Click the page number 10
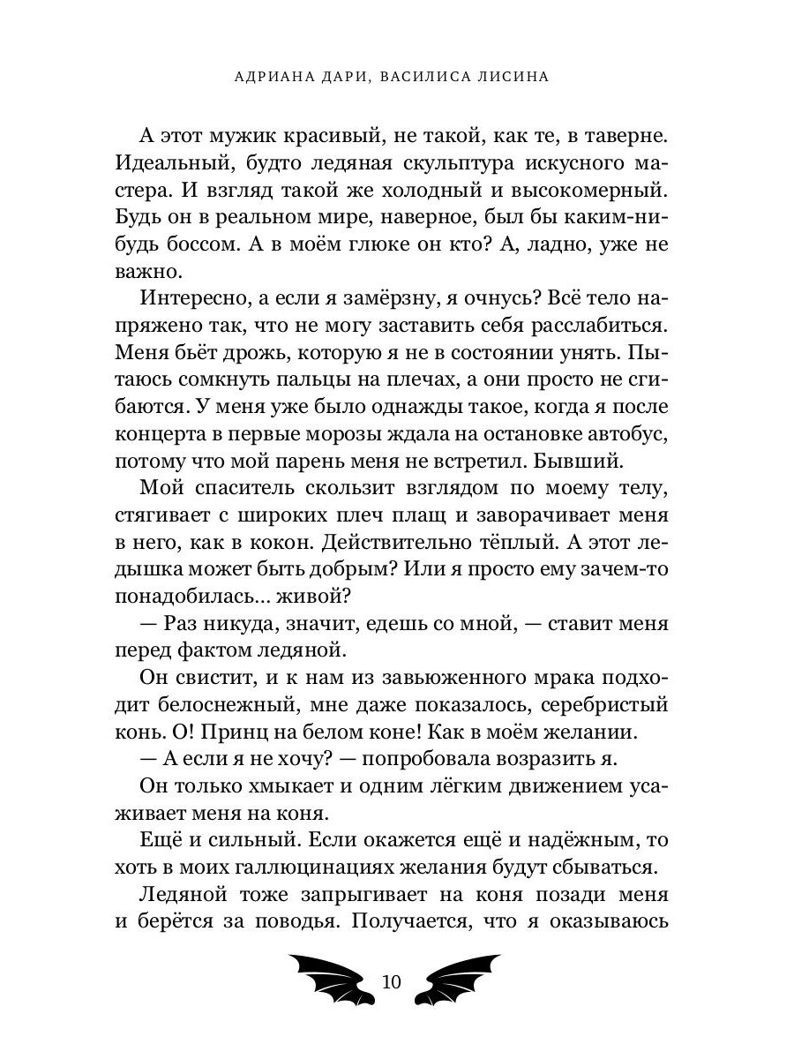(393, 982)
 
